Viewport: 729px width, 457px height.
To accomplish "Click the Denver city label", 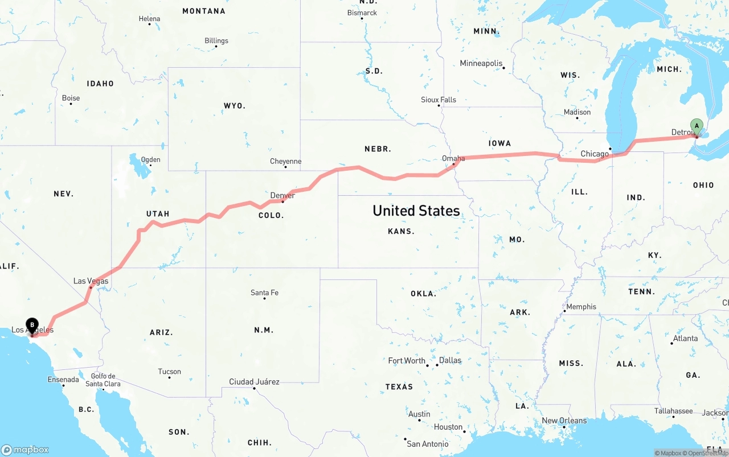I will (282, 195).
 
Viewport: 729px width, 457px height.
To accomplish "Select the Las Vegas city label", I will (91, 281).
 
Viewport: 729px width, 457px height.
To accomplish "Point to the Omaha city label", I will (453, 158).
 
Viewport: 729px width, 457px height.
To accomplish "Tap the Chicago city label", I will (595, 154).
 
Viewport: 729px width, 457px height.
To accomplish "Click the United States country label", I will (416, 211).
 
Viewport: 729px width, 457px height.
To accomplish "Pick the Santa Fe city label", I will (264, 293).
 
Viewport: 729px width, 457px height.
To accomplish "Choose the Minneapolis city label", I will (481, 63).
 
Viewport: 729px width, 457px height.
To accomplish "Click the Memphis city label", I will (581, 307).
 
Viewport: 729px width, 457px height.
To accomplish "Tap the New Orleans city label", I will (564, 421).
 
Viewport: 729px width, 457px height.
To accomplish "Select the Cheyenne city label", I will (285, 162).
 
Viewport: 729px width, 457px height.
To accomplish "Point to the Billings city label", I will (216, 40).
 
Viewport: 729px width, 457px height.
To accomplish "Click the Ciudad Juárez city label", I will (254, 381).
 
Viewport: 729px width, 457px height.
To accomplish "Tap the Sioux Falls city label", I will (439, 100).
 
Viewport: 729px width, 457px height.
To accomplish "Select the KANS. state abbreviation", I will (401, 231).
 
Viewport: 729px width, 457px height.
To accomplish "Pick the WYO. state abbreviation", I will (235, 106).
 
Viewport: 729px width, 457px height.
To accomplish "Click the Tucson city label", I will (169, 372).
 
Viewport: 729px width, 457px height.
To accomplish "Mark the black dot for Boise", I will (71, 104).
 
